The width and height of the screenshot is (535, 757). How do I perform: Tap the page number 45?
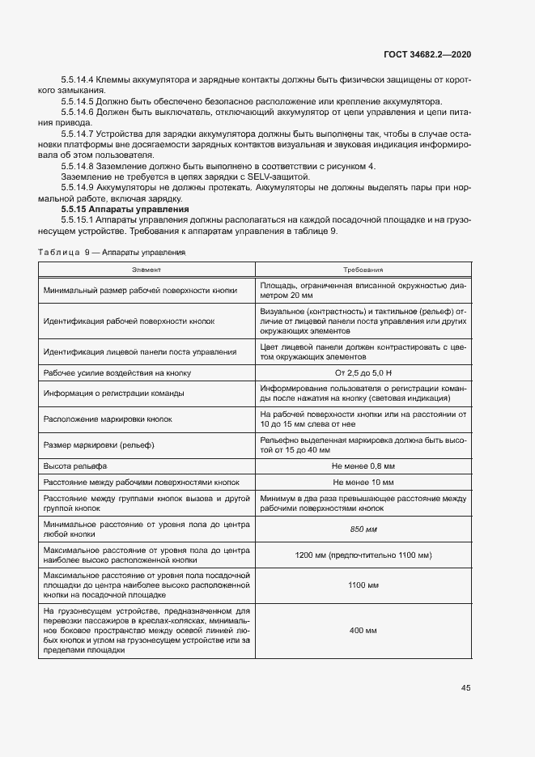(x=465, y=687)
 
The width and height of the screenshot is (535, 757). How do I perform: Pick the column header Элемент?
(x=146, y=270)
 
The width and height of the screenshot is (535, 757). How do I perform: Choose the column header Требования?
(x=363, y=270)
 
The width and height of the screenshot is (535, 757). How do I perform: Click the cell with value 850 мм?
(x=363, y=529)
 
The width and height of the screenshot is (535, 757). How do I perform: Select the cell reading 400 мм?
(x=363, y=630)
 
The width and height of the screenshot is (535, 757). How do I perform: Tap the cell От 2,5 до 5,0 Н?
(x=363, y=372)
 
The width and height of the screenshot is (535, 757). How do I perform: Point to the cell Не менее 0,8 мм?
(x=363, y=467)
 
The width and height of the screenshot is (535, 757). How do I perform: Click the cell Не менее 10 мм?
(x=363, y=481)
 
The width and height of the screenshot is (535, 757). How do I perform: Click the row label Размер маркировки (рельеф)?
(x=99, y=445)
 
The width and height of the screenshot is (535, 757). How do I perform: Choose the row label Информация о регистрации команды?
(x=113, y=393)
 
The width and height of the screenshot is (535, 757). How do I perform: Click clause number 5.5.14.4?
(x=78, y=80)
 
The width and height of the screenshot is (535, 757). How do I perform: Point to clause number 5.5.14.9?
(x=78, y=187)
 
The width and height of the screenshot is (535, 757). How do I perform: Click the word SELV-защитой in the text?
(x=282, y=176)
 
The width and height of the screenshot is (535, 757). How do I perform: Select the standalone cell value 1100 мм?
(x=363, y=585)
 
